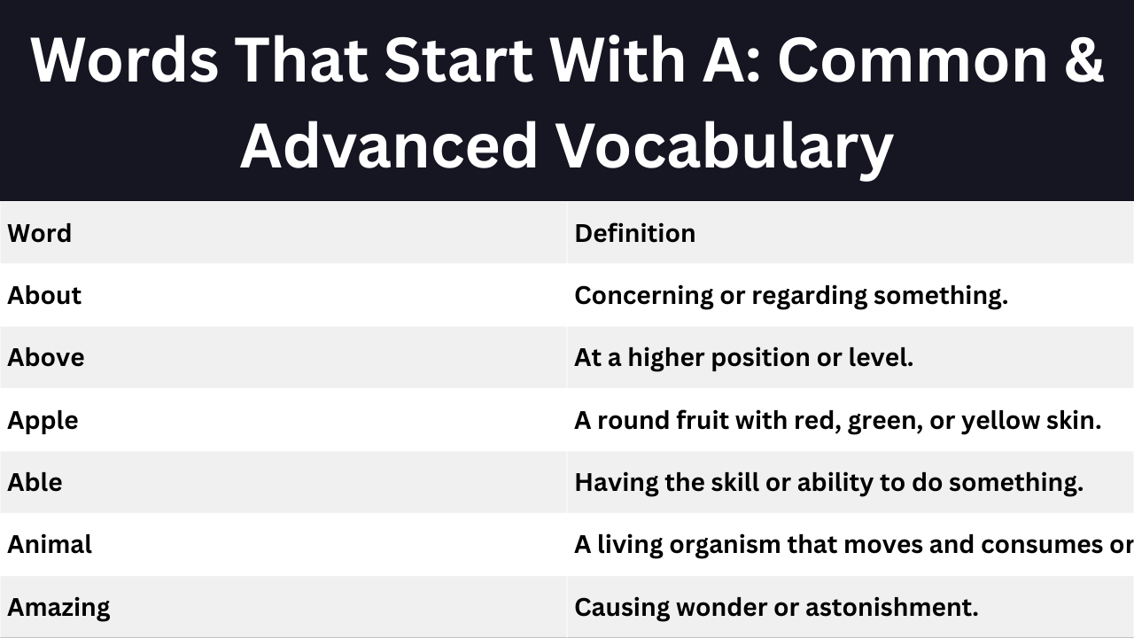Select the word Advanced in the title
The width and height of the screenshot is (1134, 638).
pos(388,145)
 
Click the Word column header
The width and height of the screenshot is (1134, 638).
pos(40,233)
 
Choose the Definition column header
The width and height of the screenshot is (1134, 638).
pos(635,233)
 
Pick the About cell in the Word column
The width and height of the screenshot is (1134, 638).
pos(44,295)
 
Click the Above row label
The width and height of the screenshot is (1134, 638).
pos(45,357)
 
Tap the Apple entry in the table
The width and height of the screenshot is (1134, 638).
pos(43,421)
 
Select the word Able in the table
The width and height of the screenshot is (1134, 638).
pos(35,482)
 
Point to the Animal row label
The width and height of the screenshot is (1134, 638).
pos(50,544)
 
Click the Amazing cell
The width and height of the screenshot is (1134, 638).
pos(58,608)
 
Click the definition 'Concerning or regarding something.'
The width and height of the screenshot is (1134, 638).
pos(791,296)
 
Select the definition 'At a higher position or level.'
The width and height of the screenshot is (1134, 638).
pos(743,358)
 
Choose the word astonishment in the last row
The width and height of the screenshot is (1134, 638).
pos(891,607)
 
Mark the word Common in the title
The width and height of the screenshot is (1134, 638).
pos(913,59)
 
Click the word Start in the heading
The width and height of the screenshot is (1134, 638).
pos(459,59)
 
